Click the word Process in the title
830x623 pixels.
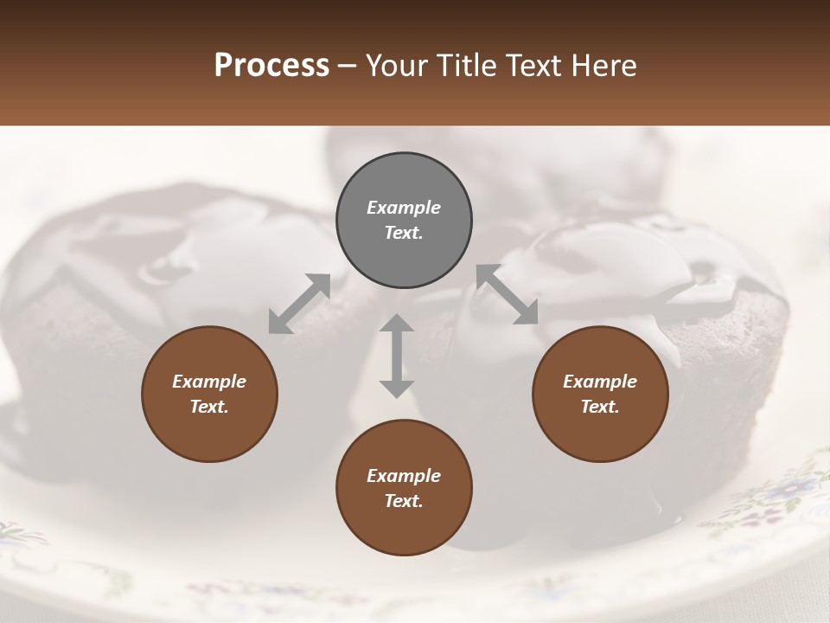[271, 66]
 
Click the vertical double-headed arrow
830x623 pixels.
[397, 356]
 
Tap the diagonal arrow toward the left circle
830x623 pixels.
[299, 303]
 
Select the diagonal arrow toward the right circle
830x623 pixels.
[508, 294]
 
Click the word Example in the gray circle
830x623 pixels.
[404, 208]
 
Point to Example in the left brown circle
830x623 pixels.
[209, 382]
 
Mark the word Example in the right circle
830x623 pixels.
[600, 382]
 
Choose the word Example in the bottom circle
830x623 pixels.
[404, 476]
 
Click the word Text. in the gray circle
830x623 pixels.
[404, 233]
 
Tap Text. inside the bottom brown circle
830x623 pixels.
[404, 501]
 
